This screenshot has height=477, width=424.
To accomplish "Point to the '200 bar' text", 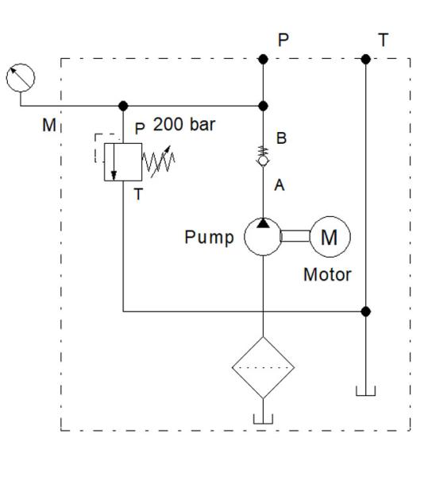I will pyautogui.click(x=183, y=125).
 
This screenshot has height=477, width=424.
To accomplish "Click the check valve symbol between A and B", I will pyautogui.click(x=263, y=158).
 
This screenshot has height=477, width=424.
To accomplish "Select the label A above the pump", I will pyautogui.click(x=279, y=185).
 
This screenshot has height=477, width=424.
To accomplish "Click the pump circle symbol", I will pyautogui.click(x=263, y=236).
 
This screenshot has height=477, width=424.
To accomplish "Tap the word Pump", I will pyautogui.click(x=209, y=237).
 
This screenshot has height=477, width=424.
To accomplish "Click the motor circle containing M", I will pyautogui.click(x=330, y=236).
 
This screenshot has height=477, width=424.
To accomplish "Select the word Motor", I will pyautogui.click(x=327, y=275).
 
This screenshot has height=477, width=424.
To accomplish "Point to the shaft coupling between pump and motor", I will pyautogui.click(x=296, y=236).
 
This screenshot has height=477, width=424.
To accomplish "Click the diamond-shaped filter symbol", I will pyautogui.click(x=263, y=367).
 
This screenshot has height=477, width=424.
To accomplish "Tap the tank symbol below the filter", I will pyautogui.click(x=263, y=418).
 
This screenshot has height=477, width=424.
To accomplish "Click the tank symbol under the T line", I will pyautogui.click(x=365, y=390).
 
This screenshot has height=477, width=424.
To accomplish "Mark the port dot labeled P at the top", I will pyautogui.click(x=263, y=59).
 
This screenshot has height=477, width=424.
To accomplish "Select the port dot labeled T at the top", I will pyautogui.click(x=365, y=59).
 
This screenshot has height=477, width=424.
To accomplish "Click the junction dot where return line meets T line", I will pyautogui.click(x=365, y=312).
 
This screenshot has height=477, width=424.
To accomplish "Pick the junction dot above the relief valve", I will pyautogui.click(x=123, y=106).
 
